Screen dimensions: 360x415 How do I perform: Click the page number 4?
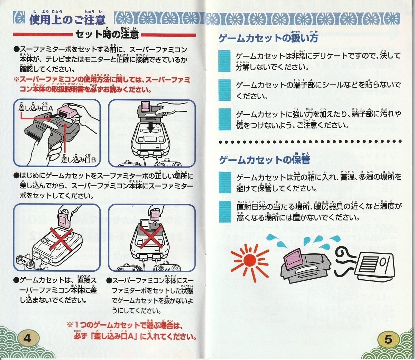(27, 337)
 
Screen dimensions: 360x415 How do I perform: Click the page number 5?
(388, 339)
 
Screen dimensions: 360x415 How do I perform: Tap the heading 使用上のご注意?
(67, 19)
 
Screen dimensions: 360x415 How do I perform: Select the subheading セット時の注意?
(107, 34)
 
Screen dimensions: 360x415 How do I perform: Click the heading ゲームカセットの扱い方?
(268, 38)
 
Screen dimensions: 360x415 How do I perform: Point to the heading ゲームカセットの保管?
(264, 160)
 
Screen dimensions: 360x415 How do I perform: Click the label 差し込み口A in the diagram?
(35, 109)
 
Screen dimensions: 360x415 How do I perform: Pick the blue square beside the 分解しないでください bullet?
(224, 61)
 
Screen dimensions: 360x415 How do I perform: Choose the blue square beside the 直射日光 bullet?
(224, 211)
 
